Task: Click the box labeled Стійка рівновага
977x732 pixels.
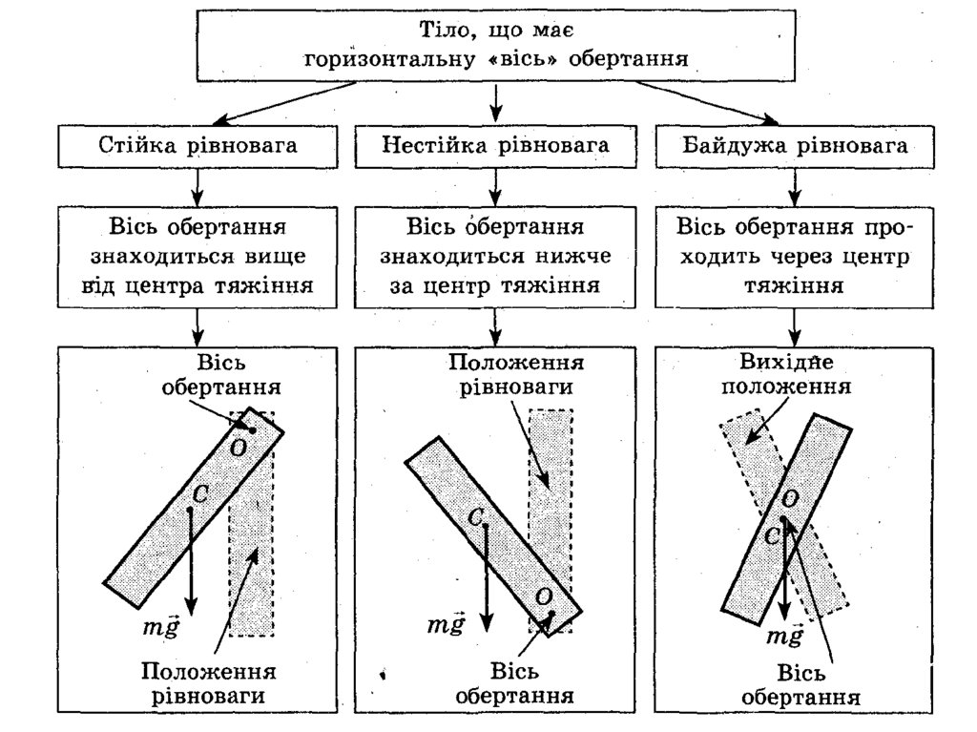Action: pos(197,147)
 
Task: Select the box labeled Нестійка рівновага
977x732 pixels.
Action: pos(495,147)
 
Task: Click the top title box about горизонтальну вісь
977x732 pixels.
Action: pos(495,45)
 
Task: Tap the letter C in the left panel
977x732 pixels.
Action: pos(200,493)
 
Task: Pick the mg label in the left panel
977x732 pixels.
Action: pos(158,627)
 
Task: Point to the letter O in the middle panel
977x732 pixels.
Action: pos(543,596)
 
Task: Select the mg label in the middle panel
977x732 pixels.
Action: pos(446,625)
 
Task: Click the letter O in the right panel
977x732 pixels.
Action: pos(791,499)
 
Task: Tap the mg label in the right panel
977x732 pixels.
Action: pos(786,637)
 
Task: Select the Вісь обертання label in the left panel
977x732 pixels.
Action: pos(220,377)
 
